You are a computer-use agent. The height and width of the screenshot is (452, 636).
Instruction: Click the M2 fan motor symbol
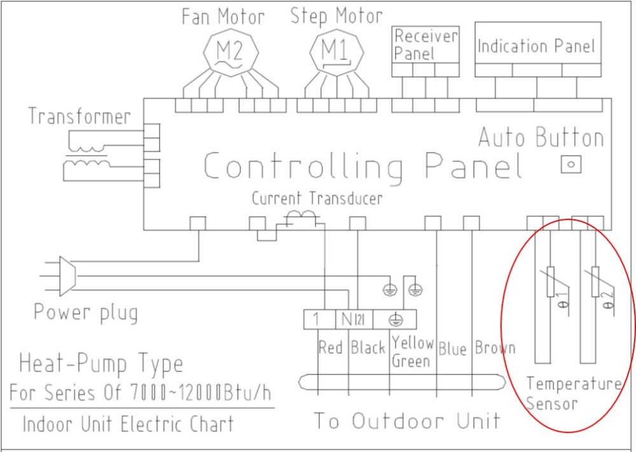230,53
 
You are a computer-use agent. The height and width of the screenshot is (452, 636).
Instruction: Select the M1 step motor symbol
336,53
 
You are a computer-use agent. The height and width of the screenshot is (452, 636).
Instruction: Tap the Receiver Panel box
425,51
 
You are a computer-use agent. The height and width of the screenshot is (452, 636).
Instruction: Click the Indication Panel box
538,50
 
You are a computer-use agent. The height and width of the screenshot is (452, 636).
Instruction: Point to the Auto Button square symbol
571,165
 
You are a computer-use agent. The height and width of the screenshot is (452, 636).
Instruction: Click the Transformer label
79,116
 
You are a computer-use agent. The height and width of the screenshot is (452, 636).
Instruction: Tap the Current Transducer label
317,198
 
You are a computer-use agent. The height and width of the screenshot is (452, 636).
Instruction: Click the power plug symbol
67,276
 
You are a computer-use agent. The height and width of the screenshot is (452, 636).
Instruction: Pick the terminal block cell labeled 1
319,319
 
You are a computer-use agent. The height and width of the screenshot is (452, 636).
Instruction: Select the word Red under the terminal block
330,347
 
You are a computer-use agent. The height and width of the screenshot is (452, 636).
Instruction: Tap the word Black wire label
368,348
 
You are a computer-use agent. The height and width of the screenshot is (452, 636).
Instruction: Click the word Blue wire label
453,348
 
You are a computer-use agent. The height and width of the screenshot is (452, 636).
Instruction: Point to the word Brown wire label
495,348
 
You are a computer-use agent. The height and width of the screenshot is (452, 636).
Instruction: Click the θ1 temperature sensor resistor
550,282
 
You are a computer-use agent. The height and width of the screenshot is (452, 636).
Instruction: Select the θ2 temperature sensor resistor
595,282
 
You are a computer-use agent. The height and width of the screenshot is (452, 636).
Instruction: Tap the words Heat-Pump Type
100,363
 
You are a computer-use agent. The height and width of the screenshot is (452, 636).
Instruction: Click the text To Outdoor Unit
407,421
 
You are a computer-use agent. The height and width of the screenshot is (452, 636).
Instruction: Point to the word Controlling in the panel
303,166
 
